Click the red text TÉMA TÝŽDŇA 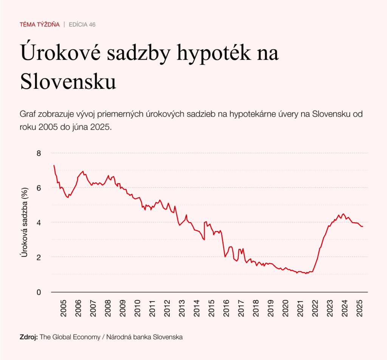pos(40,25)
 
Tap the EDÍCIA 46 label pos(82,25)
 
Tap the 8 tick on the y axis pos(38,153)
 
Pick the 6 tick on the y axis pos(38,188)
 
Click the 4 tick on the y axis pos(38,222)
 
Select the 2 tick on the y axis pos(38,257)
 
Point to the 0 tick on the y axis pos(38,292)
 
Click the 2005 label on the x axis pos(63,308)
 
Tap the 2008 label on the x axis pos(108,308)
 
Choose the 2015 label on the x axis pos(212,308)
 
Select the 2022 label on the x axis pos(315,308)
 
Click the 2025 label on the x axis pos(360,308)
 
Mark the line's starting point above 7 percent pos(54,165)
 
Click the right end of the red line pos(363,227)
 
